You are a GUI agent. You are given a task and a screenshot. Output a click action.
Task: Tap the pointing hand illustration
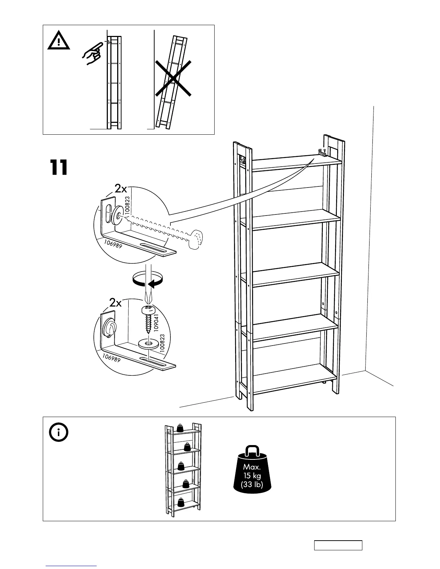tap(92, 53)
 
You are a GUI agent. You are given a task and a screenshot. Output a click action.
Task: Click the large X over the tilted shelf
tap(173, 78)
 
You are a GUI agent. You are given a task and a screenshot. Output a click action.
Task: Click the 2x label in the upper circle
tap(121, 188)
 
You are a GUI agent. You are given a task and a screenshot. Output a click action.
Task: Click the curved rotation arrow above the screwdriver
tap(148, 279)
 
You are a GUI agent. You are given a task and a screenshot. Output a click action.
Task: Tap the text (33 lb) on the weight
tap(252, 484)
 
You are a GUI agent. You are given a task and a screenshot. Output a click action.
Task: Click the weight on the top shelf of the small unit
tap(180, 428)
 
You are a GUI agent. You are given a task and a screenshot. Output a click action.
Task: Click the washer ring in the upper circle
tap(117, 214)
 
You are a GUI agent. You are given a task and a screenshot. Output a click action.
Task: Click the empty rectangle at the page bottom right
tap(338, 545)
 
